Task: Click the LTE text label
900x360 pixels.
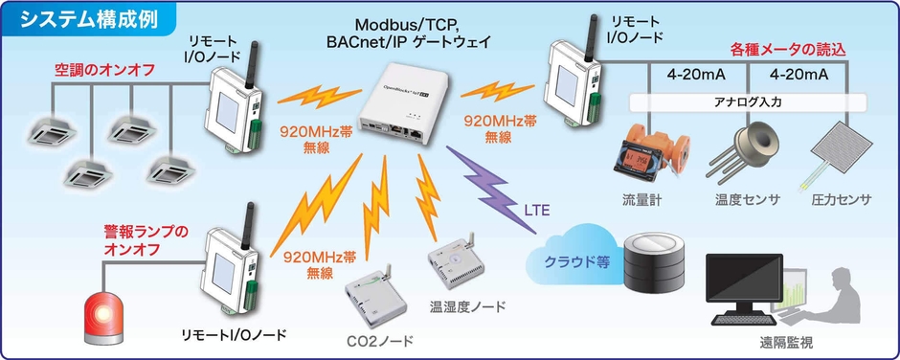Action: click(x=536, y=210)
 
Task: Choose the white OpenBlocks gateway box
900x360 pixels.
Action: click(x=402, y=101)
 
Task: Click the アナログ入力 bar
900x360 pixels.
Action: click(x=747, y=101)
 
